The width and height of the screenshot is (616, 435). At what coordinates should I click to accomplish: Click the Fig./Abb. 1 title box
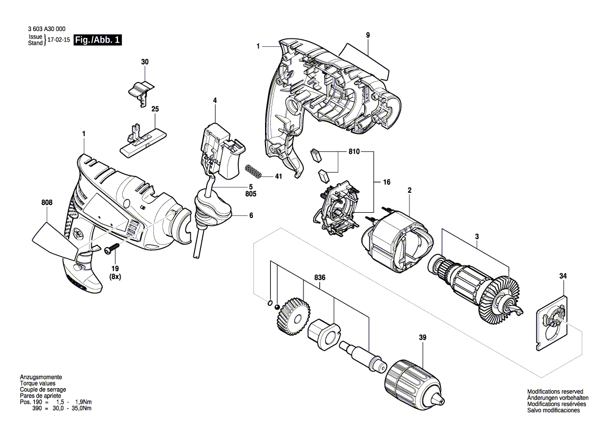(x=97, y=40)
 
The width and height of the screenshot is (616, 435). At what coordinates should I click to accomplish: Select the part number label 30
(x=145, y=62)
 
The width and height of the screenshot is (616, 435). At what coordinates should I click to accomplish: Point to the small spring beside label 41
(x=255, y=171)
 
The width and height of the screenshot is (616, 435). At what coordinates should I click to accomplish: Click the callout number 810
(x=354, y=152)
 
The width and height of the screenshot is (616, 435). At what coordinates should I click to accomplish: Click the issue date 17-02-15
(x=58, y=40)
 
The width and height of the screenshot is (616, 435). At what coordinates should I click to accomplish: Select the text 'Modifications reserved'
(x=555, y=392)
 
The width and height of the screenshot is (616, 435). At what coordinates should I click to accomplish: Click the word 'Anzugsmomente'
(x=41, y=378)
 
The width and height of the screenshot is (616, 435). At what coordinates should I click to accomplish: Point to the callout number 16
(x=386, y=182)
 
